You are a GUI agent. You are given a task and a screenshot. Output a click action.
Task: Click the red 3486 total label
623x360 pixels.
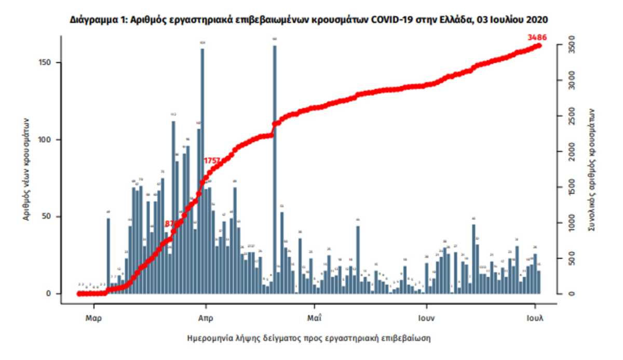tap(536, 37)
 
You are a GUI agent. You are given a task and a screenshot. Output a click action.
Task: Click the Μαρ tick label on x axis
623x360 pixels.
tap(93, 317)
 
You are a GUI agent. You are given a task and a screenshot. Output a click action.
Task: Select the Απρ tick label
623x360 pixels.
tap(206, 317)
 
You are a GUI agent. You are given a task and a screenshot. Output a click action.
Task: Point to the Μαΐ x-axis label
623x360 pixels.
tap(313, 317)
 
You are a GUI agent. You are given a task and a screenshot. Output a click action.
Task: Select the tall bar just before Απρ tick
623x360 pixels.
tap(202, 171)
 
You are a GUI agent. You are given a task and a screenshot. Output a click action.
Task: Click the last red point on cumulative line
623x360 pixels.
tap(539, 46)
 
